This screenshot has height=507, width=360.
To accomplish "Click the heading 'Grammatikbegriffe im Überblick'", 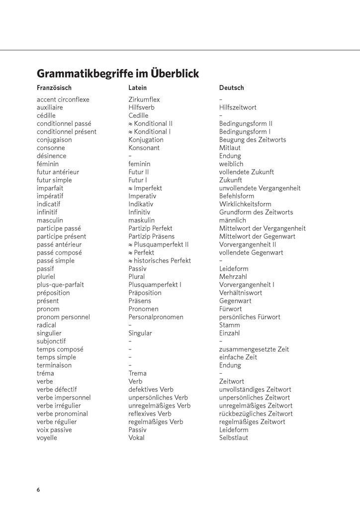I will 118,74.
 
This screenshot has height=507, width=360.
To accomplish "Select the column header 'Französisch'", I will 54,88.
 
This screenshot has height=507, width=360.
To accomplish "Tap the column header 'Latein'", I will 138,88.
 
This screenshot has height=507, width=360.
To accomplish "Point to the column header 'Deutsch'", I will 232,88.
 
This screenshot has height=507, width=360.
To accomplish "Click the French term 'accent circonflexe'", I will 63,99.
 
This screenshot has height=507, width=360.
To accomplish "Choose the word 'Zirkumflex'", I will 144,99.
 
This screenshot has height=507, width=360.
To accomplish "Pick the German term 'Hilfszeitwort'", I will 238,107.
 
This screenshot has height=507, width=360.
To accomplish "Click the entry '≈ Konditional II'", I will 151,124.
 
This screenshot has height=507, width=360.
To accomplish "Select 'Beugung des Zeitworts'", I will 253,140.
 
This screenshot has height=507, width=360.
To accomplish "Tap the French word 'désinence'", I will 51,156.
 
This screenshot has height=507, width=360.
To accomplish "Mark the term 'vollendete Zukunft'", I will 247,172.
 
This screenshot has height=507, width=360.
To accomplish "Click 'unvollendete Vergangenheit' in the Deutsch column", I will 260,188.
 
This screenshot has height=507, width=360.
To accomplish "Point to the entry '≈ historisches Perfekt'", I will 160,260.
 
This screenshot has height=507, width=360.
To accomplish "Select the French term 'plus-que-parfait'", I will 60,285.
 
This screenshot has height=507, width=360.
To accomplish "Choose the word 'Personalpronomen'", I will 156,317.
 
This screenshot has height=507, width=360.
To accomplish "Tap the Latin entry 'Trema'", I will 137,373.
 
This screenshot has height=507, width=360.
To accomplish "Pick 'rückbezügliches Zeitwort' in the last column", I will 256,414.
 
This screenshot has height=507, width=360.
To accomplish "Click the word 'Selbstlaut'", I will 234,438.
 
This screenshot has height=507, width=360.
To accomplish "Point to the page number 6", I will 38,490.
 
